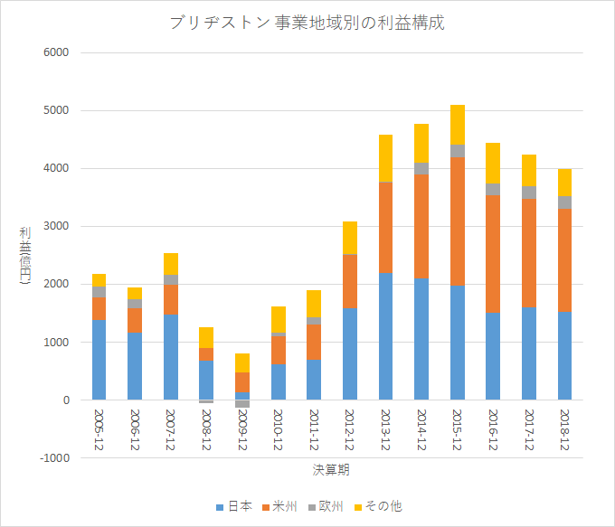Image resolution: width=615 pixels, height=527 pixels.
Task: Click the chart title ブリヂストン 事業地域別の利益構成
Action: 307,23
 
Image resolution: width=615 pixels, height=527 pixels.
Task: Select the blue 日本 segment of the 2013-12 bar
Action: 385,336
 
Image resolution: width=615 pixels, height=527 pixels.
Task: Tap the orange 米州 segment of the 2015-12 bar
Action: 458,221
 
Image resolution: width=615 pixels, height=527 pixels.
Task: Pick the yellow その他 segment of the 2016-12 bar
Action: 493,163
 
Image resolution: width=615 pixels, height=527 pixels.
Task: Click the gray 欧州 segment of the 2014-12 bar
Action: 421,169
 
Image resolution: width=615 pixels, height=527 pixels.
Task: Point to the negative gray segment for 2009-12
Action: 242,404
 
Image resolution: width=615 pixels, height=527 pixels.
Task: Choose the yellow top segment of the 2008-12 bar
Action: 206,337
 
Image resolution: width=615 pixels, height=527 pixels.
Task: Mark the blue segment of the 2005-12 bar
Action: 99,360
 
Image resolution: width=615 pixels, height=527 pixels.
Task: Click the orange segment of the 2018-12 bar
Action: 564,260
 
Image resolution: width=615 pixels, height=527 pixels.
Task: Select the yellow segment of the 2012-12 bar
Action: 350,238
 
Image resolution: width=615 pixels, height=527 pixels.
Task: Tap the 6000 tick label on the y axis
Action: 56,52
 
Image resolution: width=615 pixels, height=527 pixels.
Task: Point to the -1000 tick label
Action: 54,458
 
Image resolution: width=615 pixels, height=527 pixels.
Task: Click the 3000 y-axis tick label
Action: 56,226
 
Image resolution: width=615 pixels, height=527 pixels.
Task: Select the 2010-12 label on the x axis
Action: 278,429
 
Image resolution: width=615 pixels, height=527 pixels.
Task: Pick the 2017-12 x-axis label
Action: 529,429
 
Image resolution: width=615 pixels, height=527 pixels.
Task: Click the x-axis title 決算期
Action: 331,470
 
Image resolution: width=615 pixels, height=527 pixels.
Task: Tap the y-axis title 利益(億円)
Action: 24,256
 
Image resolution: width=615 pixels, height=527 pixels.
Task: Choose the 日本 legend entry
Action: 234,506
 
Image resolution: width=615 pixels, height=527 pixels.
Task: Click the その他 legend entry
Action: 378,506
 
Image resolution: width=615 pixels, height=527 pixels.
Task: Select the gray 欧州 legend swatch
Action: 312,507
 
